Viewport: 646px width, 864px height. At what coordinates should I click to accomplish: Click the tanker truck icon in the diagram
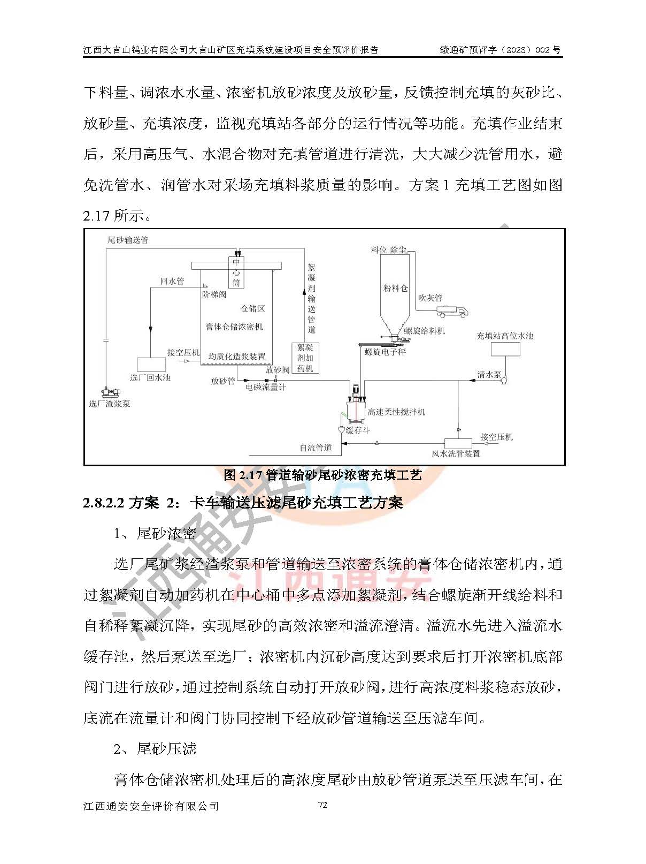(452, 310)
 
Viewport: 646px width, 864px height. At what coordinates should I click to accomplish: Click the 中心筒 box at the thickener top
(236, 272)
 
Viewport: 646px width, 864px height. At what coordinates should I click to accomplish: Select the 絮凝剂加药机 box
(305, 358)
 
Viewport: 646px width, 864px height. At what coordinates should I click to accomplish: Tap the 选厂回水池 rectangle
(151, 364)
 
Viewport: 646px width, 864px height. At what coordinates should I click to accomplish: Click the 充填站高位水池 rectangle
(505, 349)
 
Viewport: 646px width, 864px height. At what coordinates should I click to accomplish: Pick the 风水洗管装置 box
(458, 443)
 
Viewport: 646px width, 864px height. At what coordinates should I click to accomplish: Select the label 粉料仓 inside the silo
(395, 288)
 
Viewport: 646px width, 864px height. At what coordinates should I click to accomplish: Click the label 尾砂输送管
(128, 240)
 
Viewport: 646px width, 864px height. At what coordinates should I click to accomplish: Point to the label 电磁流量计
(266, 387)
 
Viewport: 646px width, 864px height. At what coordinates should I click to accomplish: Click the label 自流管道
(316, 448)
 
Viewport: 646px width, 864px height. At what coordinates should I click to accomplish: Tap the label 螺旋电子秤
(385, 352)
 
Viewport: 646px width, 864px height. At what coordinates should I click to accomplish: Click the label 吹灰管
(430, 298)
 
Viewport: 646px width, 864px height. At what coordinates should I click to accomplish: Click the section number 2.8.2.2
(104, 503)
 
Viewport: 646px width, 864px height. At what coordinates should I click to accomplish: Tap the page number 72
(322, 805)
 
